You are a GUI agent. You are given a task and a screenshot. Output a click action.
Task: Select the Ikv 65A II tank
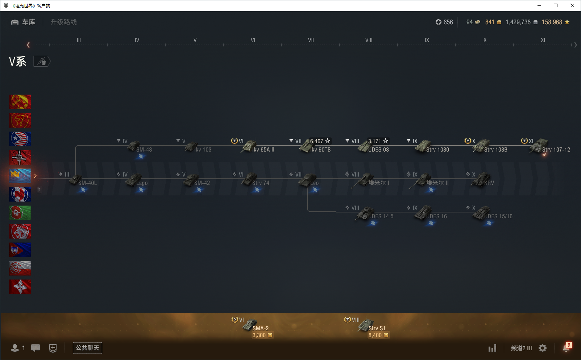[257, 147]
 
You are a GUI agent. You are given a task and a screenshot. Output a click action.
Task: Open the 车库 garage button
[24, 22]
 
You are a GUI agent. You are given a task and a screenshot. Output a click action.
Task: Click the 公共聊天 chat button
[87, 348]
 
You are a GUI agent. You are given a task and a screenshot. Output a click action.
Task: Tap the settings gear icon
[543, 348]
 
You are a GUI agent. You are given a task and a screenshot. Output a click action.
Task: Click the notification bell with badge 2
[567, 348]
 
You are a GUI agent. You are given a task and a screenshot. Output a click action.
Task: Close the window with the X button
[572, 5]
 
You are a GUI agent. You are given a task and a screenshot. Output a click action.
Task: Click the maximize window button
[556, 5]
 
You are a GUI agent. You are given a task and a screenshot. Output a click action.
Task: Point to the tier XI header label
[543, 40]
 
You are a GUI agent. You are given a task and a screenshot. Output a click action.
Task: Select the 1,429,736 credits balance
[518, 22]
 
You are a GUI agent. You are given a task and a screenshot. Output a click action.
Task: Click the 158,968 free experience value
[552, 22]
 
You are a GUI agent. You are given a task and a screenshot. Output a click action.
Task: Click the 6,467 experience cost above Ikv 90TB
[317, 141]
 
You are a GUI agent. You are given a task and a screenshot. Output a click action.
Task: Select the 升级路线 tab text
[63, 22]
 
